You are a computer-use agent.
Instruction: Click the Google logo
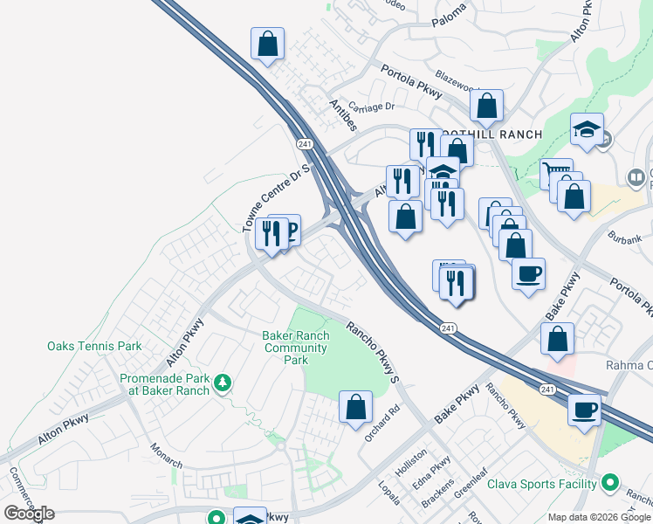point(29,513)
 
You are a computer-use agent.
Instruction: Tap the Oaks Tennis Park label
point(94,346)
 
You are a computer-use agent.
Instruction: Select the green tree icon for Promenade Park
point(223,383)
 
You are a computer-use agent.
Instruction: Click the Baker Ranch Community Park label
point(296,348)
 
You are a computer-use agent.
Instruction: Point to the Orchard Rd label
point(382,421)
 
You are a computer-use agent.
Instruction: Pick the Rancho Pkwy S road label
point(373,353)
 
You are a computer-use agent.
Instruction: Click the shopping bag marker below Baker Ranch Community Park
point(355,407)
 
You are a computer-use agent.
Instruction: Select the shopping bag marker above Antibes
point(267,44)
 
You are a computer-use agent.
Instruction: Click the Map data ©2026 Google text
point(599,517)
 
